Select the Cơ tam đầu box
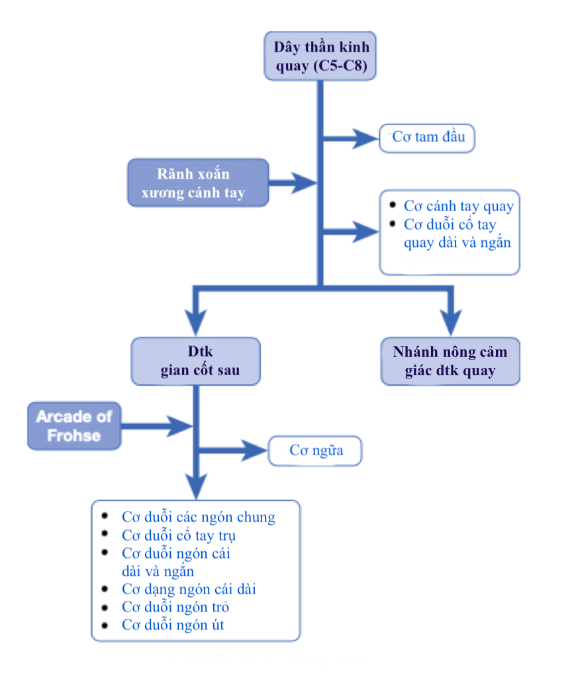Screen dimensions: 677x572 [x=428, y=138]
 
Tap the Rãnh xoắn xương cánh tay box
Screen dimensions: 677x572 [x=198, y=183]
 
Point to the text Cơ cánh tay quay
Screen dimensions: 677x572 [x=458, y=206]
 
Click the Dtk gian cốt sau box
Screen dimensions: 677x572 [x=196, y=361]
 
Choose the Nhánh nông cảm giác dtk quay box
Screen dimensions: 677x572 [x=450, y=361]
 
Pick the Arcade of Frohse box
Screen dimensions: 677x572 [x=74, y=426]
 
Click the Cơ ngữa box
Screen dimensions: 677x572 [x=316, y=451]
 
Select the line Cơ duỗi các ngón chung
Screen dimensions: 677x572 [x=198, y=517]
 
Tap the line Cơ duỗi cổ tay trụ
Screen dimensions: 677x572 [x=179, y=535]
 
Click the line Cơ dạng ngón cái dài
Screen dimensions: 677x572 [x=188, y=588]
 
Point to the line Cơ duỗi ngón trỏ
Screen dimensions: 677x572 [x=175, y=606]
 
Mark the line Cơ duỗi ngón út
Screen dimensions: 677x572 [x=172, y=624]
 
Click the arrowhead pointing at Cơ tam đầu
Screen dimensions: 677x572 [x=365, y=138]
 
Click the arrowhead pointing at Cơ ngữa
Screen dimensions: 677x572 [x=254, y=451]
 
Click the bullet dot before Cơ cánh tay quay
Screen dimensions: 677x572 [x=393, y=205]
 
